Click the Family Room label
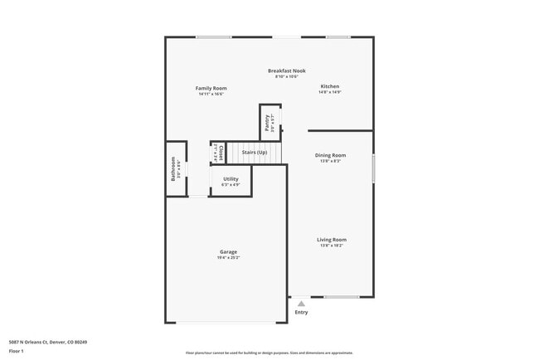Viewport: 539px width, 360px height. [211, 88]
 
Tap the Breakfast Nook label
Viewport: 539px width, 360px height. [286, 71]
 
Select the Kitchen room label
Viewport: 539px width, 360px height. [330, 86]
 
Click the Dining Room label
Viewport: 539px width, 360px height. [330, 155]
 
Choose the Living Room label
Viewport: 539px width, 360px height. [331, 240]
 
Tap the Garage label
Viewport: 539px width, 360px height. [228, 252]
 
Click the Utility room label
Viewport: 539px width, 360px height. [231, 178]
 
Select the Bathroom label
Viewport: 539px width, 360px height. [172, 168]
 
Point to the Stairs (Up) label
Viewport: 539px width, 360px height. [254, 153]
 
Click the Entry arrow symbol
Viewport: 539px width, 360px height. [301, 304]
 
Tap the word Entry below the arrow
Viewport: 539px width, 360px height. [301, 312]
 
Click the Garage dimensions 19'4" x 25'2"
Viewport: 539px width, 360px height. [228, 258]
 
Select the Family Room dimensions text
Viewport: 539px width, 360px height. [211, 94]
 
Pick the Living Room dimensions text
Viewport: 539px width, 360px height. [331, 246]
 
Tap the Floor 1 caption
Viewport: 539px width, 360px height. [17, 351]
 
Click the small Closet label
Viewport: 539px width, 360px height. [221, 153]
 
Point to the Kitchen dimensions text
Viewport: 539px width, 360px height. [330, 92]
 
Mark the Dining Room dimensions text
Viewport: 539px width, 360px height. [330, 161]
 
